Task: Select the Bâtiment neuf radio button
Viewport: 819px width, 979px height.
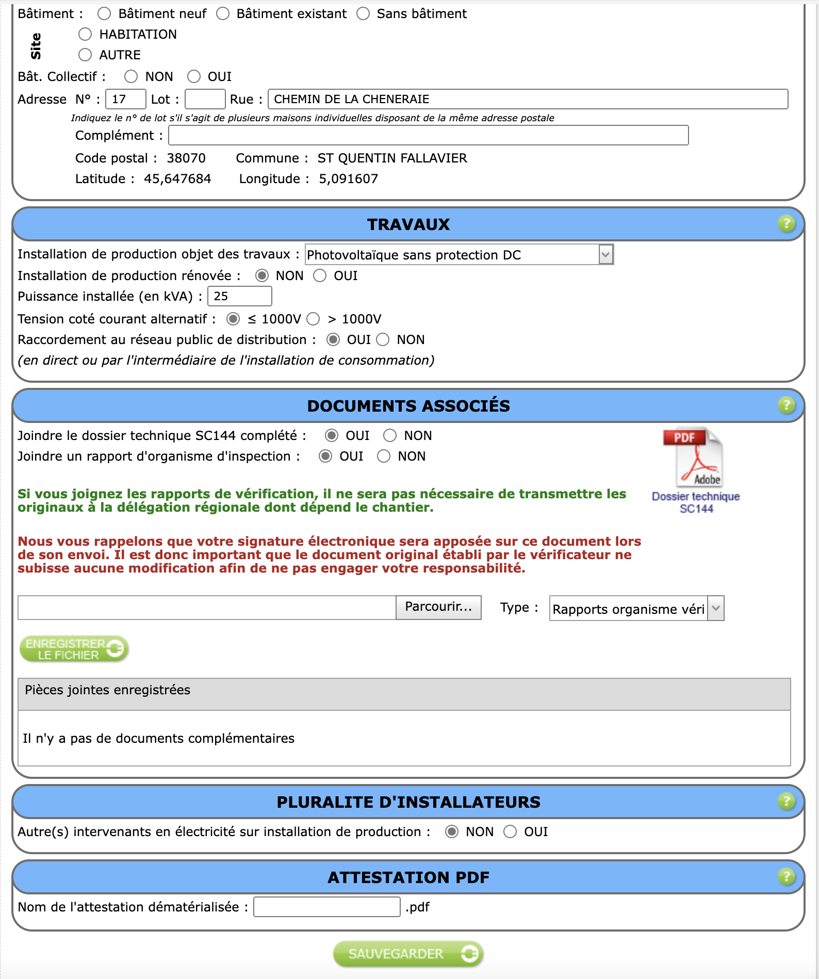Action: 104,13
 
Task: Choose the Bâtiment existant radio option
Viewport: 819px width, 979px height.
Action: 223,13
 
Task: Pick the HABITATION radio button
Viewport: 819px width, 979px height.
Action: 85,34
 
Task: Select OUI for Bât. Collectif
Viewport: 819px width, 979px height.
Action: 194,76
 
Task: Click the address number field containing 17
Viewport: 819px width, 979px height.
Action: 125,99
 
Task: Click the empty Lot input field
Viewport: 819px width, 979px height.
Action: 205,99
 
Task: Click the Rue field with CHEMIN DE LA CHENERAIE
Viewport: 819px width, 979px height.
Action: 528,99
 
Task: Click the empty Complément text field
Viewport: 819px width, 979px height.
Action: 428,135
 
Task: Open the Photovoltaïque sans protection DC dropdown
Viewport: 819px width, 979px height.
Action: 459,255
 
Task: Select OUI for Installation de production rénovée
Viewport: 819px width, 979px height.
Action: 320,275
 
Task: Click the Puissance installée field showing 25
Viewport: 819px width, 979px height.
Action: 239,296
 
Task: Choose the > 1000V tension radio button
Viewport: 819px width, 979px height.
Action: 314,319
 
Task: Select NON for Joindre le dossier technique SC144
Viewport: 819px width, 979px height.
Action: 390,435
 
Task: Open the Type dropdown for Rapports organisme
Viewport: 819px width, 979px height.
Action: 636,609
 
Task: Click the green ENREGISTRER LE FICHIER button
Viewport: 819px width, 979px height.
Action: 74,649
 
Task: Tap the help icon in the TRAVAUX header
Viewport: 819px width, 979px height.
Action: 786,224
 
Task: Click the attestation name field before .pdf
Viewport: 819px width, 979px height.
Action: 326,907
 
